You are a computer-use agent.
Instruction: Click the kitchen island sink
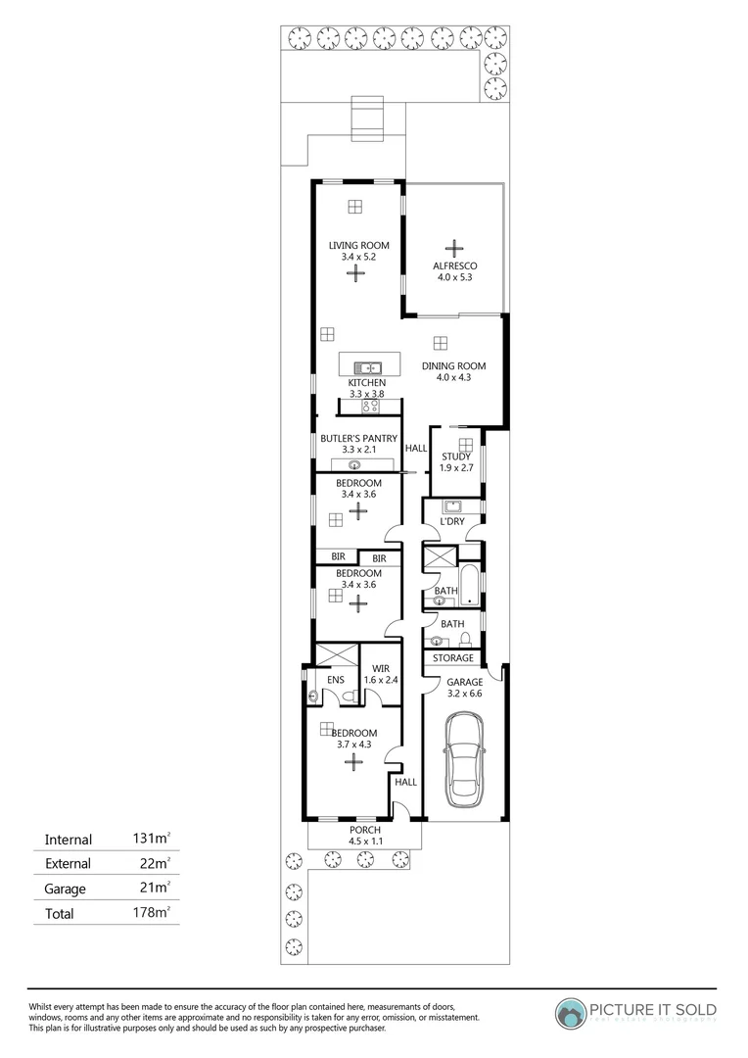[x=369, y=367]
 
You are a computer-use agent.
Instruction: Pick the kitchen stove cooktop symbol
[x=370, y=405]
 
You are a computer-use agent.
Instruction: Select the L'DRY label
[x=451, y=521]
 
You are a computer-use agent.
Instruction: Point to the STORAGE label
[x=453, y=658]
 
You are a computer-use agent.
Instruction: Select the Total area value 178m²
[x=152, y=913]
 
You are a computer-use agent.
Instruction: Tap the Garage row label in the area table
[x=66, y=890]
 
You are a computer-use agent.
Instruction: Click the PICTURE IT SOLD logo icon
[x=571, y=1012]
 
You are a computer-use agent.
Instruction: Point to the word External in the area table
[x=69, y=864]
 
